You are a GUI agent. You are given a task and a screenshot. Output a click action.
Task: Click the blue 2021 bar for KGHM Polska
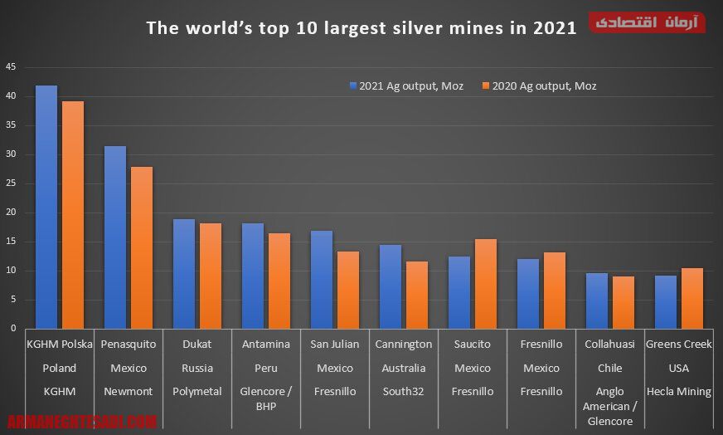pyautogui.click(x=46, y=208)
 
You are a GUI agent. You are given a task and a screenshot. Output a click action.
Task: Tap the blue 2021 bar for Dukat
pyautogui.click(x=184, y=274)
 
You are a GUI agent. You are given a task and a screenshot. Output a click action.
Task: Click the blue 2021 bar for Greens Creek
pyautogui.click(x=666, y=302)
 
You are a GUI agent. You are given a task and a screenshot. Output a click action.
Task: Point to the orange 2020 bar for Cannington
pyautogui.click(x=417, y=295)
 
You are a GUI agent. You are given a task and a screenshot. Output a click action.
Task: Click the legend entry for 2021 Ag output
pyautogui.click(x=406, y=86)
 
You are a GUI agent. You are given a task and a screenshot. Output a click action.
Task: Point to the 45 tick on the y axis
pyautogui.click(x=10, y=66)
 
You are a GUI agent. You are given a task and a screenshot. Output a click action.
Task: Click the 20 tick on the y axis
pyautogui.click(x=10, y=213)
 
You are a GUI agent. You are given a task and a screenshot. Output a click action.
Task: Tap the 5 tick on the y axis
pyautogui.click(x=12, y=300)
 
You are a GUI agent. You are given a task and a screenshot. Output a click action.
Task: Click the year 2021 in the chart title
pyautogui.click(x=555, y=28)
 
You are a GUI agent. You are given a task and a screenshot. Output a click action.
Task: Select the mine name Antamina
pyautogui.click(x=266, y=344)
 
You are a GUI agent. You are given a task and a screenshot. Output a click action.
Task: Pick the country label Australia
pyautogui.click(x=404, y=368)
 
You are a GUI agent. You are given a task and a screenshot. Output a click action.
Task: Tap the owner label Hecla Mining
pyautogui.click(x=678, y=391)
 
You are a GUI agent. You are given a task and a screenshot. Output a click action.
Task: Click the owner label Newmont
pyautogui.click(x=129, y=391)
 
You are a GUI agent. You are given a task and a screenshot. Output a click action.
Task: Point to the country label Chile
pyautogui.click(x=609, y=368)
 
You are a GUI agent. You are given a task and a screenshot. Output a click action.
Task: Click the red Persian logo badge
pyautogui.click(x=648, y=22)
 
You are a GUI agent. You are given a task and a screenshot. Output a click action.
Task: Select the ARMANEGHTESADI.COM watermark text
pyautogui.click(x=81, y=422)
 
